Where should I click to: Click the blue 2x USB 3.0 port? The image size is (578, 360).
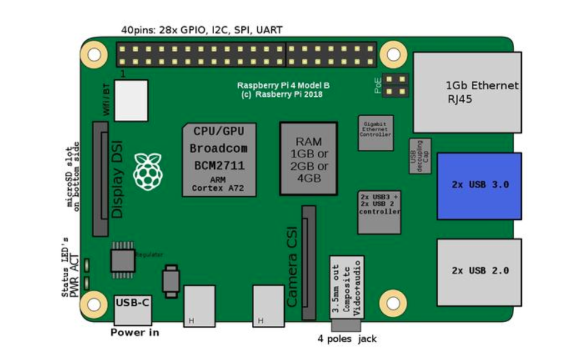pos(479,185)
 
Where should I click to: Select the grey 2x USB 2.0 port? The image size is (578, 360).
pos(479,271)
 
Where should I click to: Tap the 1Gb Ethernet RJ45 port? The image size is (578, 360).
pos(467,91)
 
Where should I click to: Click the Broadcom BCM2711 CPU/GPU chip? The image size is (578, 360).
pos(219,159)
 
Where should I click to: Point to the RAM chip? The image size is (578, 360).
pos(308,159)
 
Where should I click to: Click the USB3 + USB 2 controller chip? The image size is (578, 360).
pos(379,212)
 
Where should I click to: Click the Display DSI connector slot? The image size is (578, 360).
pos(100,181)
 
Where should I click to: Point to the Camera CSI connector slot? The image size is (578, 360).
pos(309,261)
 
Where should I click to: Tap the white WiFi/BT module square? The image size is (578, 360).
pos(131,100)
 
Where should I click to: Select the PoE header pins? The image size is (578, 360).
pos(399,85)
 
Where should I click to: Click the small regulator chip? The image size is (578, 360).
pos(123,256)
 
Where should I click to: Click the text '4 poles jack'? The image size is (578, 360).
pos(347,339)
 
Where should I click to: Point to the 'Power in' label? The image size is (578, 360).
pos(135,331)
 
